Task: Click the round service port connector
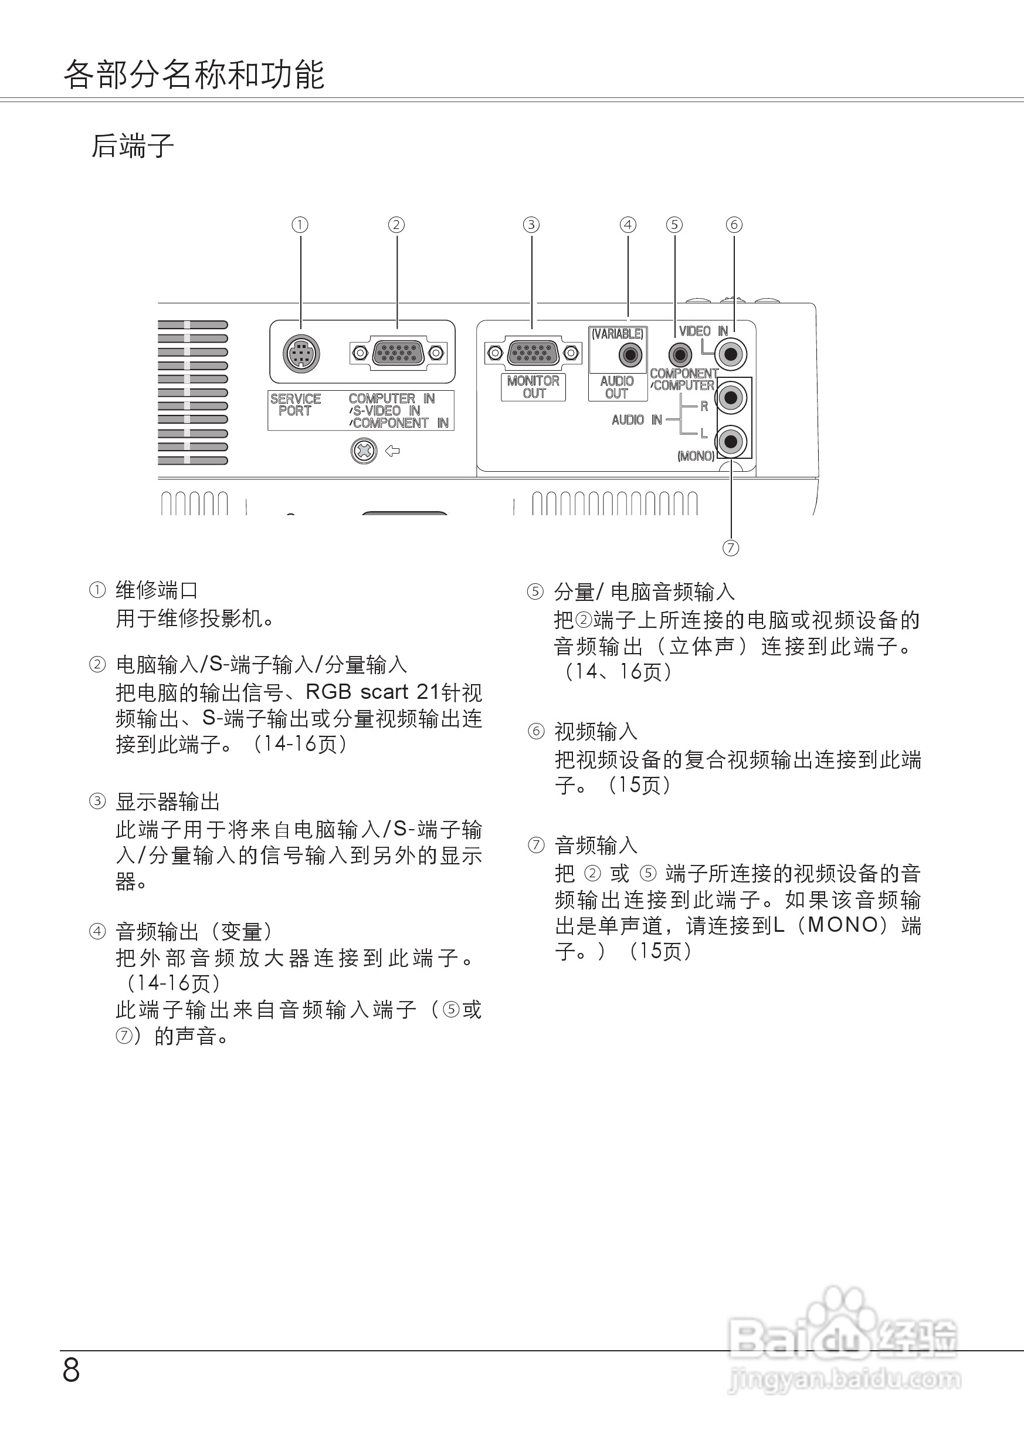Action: tap(301, 353)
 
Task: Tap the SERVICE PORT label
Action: tap(295, 404)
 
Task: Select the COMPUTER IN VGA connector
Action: tap(398, 353)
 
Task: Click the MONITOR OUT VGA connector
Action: tap(533, 353)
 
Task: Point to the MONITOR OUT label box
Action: tap(534, 387)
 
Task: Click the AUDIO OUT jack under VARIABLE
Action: tap(630, 355)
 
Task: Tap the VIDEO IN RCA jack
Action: tap(731, 354)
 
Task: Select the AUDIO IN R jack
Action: tap(731, 397)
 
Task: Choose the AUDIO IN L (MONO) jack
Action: tap(731, 440)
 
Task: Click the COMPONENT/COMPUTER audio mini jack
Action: tap(679, 355)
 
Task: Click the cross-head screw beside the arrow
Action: tap(364, 451)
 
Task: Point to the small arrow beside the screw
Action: tap(393, 451)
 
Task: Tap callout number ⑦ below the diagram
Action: tap(730, 547)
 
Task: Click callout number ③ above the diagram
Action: tap(531, 225)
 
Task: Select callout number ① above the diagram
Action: tap(300, 225)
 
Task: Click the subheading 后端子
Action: tap(133, 146)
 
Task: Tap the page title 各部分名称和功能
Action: tap(194, 75)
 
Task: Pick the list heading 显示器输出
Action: tap(168, 802)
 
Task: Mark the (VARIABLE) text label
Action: tap(618, 334)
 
